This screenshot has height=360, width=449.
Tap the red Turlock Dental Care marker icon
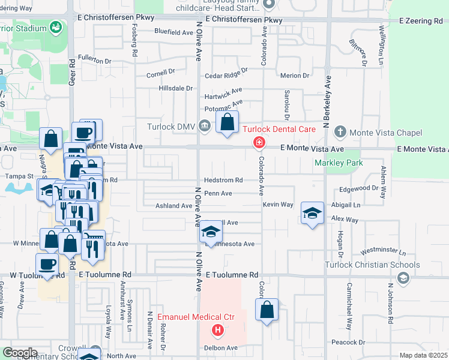[259, 142]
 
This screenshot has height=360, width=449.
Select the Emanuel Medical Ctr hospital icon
[217, 330]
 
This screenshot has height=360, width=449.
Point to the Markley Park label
[339, 163]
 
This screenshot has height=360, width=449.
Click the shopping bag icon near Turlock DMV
[227, 122]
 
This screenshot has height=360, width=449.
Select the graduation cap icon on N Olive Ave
[211, 232]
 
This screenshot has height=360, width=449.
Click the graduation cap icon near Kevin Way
[312, 214]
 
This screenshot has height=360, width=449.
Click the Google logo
[19, 353]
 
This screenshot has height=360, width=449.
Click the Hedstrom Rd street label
[223, 180]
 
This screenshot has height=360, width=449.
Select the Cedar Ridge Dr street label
[226, 75]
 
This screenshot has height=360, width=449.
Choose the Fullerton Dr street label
[95, 61]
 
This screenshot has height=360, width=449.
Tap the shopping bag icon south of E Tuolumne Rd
[267, 310]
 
